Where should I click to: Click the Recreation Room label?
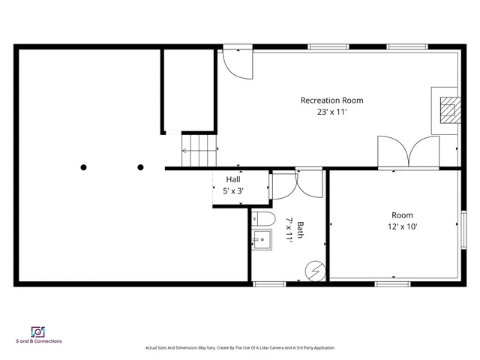[x=331, y=100]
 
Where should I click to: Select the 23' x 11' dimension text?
[x=331, y=112]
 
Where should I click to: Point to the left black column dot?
[x=84, y=167]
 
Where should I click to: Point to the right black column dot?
[x=141, y=167]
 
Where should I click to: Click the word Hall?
[x=233, y=180]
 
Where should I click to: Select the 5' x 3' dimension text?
[x=233, y=191]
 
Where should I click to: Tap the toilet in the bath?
[x=259, y=220]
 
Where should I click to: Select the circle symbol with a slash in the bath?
[x=315, y=268]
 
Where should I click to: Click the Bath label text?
[x=300, y=229]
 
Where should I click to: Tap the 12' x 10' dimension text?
[x=402, y=226]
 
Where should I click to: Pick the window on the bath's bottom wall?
[x=269, y=283]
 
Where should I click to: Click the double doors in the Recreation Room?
[x=409, y=152]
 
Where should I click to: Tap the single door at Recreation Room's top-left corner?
[x=237, y=65]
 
